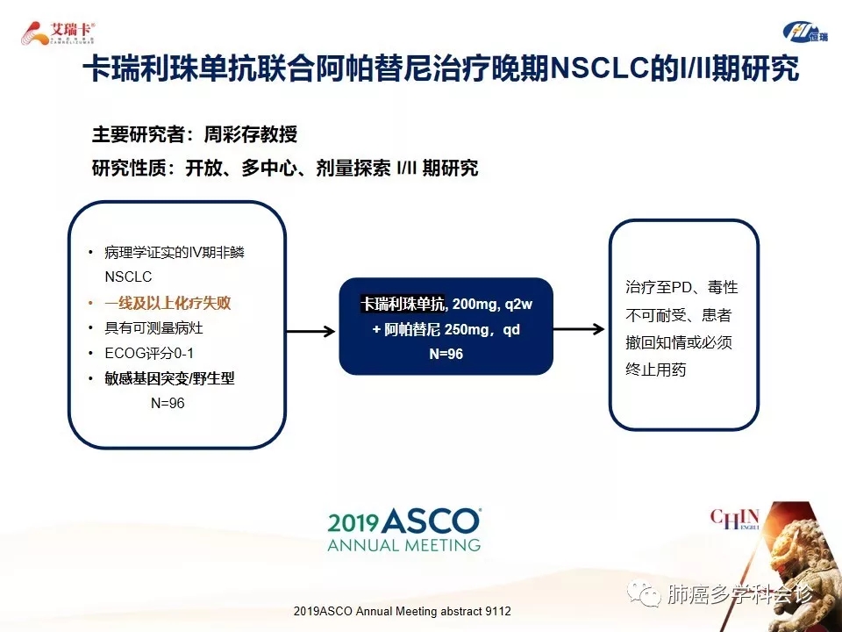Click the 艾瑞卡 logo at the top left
coord(58,33)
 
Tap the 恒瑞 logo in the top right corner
coord(805,32)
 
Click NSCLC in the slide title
coord(599,68)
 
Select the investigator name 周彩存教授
coord(250,134)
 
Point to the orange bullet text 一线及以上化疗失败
coord(168,303)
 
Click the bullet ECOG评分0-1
coord(149,353)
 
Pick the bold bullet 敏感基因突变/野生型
coord(169,378)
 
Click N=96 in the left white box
coord(168,403)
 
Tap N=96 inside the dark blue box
coord(446,354)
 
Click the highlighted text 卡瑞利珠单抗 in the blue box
coord(403,305)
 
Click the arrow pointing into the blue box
coord(310,331)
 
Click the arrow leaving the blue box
coord(579,329)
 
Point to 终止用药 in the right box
coord(656,370)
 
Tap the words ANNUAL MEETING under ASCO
coord(403,545)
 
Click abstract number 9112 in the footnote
coord(498,611)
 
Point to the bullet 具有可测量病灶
coord(153,328)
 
